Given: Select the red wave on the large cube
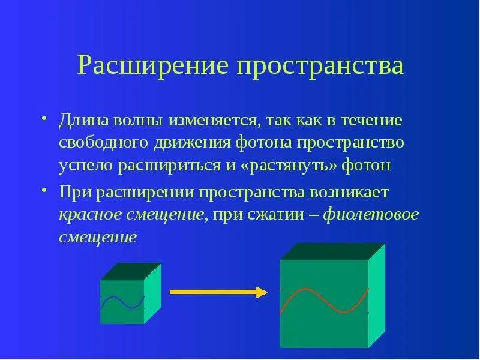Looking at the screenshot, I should point(324,300).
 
